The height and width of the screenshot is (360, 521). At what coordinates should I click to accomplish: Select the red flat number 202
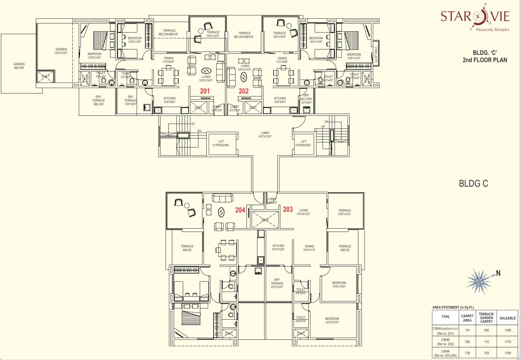click(243, 91)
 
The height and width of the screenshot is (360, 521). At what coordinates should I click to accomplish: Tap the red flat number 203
click(288, 210)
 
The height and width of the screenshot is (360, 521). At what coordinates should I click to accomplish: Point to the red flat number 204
click(240, 210)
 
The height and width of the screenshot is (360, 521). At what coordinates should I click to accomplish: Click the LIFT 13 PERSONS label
click(224, 143)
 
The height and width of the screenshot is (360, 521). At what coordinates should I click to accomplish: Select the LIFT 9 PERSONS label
click(303, 143)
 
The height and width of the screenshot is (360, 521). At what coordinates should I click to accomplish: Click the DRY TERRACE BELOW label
click(98, 100)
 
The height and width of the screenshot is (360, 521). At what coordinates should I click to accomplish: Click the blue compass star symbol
click(479, 281)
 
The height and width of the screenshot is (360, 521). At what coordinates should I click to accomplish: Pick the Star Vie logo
click(474, 20)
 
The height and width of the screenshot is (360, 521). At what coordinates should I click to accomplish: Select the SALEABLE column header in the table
click(507, 317)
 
